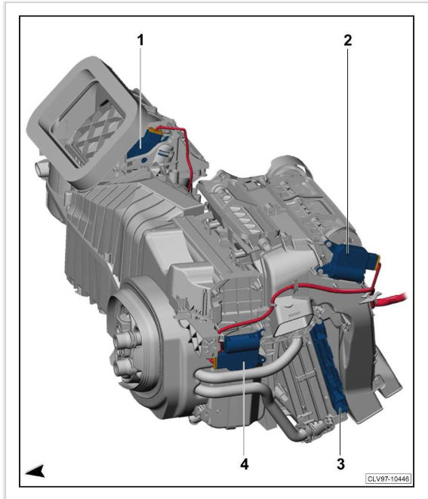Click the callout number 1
[x=140, y=41]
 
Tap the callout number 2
[x=347, y=41]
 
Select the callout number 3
[x=340, y=464]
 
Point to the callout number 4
[x=244, y=464]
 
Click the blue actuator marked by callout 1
[x=144, y=145]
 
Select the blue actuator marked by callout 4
[x=241, y=352]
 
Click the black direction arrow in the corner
[x=35, y=471]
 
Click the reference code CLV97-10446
[x=388, y=479]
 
